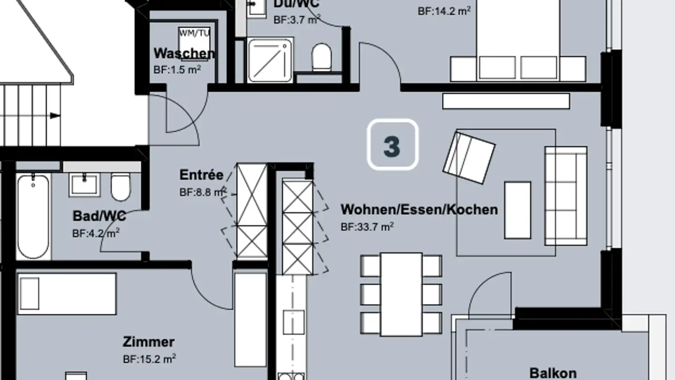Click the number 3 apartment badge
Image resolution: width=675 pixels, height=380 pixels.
(x=392, y=144)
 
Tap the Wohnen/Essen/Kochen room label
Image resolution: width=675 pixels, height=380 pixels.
(x=419, y=209)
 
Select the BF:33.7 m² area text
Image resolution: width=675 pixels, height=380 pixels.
(x=367, y=227)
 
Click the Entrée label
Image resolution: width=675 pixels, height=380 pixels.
(x=202, y=175)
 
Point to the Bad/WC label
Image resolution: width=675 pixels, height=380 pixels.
(x=99, y=216)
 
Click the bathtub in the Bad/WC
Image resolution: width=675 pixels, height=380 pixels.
(x=33, y=216)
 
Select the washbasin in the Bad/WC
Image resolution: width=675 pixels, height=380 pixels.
(x=84, y=184)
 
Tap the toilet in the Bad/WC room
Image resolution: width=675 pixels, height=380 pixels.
(x=120, y=186)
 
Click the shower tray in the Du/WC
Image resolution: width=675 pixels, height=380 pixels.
(x=270, y=61)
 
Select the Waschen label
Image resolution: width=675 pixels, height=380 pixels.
(x=184, y=53)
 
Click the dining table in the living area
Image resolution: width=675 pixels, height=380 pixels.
(x=401, y=294)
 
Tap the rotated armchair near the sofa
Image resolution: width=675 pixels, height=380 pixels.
(x=469, y=158)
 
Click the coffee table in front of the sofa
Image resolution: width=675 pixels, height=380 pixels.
(x=517, y=210)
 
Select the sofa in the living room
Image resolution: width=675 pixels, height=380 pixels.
(x=566, y=196)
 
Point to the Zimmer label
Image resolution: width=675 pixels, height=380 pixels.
(x=149, y=342)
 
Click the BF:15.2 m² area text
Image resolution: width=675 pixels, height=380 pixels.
(x=150, y=359)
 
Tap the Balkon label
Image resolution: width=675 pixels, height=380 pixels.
(x=553, y=373)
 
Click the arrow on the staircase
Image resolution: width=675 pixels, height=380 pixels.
(x=55, y=115)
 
